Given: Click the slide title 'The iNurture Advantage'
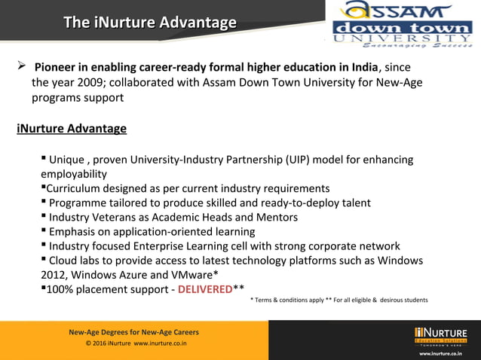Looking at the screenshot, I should pyautogui.click(x=149, y=23).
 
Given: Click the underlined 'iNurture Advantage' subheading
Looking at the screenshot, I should pyautogui.click(x=72, y=129).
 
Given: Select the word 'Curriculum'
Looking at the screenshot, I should pyautogui.click(x=75, y=188).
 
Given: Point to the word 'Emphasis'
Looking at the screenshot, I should pyautogui.click(x=74, y=232).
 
